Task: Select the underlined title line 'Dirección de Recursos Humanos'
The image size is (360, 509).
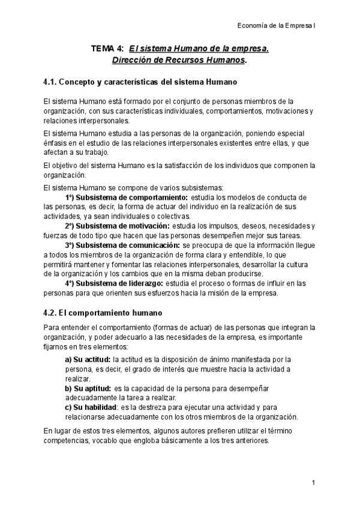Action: pos(178,61)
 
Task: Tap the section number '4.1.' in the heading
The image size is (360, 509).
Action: pos(52,82)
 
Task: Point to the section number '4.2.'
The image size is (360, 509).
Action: pos(52,313)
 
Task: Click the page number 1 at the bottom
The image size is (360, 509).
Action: pos(313,483)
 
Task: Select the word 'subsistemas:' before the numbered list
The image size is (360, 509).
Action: pos(203,187)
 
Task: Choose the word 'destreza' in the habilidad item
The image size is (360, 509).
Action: pos(158,408)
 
